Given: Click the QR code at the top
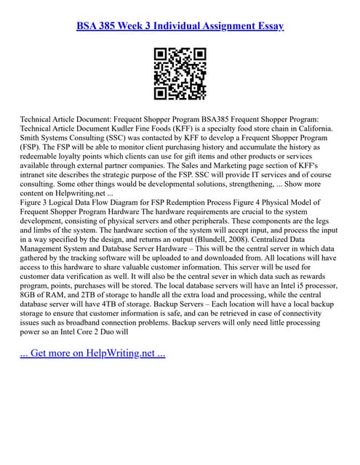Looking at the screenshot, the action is pos(180,73).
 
